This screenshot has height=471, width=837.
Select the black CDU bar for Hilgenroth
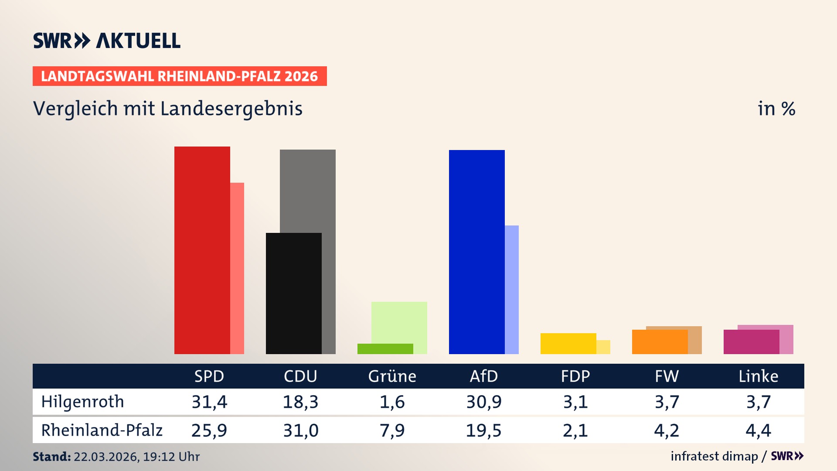click(x=293, y=293)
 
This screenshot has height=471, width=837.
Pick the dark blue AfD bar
click(x=476, y=252)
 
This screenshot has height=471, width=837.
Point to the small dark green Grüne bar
click(x=385, y=348)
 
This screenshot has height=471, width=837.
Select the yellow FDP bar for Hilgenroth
click(x=568, y=343)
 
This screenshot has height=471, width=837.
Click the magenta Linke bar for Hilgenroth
click(x=751, y=341)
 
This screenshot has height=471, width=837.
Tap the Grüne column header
click(x=392, y=376)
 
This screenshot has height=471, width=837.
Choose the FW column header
click(x=667, y=376)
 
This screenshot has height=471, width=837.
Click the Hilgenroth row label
click(x=82, y=402)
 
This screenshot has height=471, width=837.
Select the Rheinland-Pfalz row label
click(x=102, y=430)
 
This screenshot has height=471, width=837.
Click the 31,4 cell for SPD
click(x=209, y=402)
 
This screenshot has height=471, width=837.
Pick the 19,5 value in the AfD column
click(x=483, y=430)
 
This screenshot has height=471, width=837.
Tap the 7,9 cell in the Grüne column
click(x=392, y=430)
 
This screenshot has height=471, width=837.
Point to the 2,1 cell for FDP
click(x=575, y=430)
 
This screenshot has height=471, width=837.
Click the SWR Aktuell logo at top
click(x=107, y=41)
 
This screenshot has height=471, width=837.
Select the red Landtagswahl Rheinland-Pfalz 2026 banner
click(x=180, y=76)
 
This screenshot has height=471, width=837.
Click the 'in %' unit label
click(x=776, y=109)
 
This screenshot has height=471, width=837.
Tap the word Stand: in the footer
click(x=51, y=457)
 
